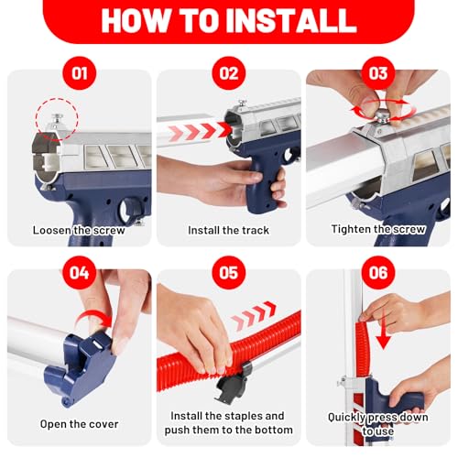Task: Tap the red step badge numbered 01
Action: pyautogui.click(x=80, y=73)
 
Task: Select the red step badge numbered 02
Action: pyautogui.click(x=229, y=73)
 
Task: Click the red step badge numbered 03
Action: pyautogui.click(x=378, y=73)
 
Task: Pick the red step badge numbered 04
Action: pyautogui.click(x=80, y=273)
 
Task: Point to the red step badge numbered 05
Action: pyautogui.click(x=229, y=273)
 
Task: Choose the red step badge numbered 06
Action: pyautogui.click(x=378, y=273)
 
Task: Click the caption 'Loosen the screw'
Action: pyautogui.click(x=79, y=230)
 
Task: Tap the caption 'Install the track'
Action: pyautogui.click(x=228, y=230)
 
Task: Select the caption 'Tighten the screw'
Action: pyautogui.click(x=378, y=229)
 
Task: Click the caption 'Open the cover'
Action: pyautogui.click(x=79, y=424)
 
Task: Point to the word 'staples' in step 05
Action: pyautogui.click(x=244, y=416)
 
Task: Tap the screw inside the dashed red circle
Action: pyautogui.click(x=57, y=121)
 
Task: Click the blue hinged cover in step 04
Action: pyautogui.click(x=82, y=368)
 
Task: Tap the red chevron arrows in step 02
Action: pyautogui.click(x=200, y=132)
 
